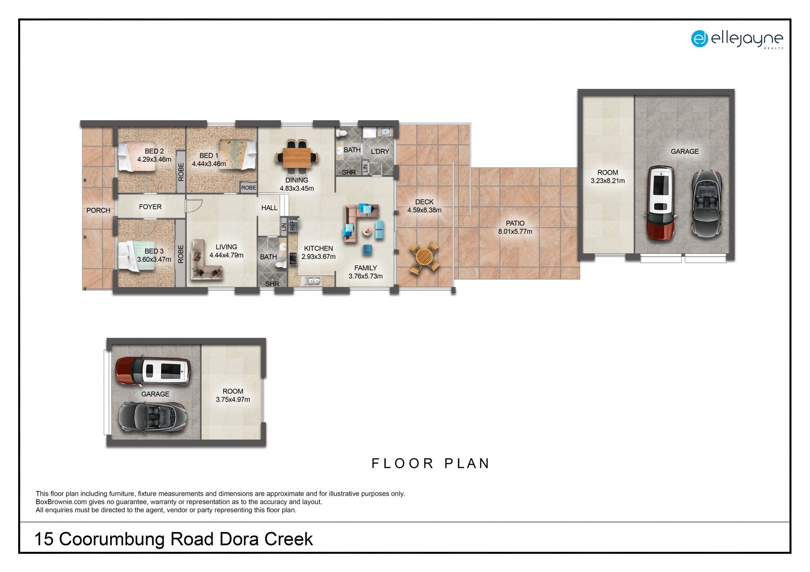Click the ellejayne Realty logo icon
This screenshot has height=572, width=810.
coord(699,39)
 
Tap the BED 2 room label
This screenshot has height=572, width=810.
coord(154,151)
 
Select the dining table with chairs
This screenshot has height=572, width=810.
coord(297,157)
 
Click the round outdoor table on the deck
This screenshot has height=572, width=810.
coord(424,258)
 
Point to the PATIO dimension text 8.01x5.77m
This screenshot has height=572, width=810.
coord(515,231)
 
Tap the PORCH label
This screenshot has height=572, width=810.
coord(98,210)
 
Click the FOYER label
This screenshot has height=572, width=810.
coord(150,207)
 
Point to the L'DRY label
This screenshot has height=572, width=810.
coord(380,151)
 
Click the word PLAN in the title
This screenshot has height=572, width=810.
coord(467,463)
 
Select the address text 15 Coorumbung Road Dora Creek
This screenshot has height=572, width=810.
coord(173,539)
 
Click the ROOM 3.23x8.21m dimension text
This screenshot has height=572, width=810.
coord(607,181)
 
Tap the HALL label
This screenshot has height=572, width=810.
coord(269,208)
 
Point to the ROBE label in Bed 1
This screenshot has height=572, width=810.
coord(248,188)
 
